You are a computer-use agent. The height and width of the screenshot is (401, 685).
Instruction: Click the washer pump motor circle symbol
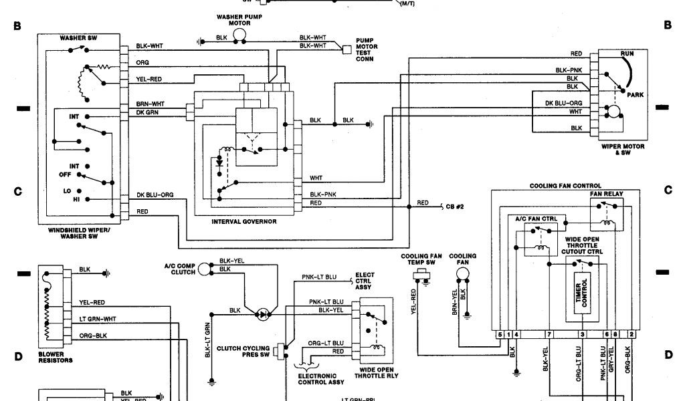click(x=240, y=35)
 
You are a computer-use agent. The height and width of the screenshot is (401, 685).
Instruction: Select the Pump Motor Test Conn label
click(x=366, y=49)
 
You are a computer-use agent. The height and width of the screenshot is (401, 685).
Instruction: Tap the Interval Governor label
click(x=243, y=221)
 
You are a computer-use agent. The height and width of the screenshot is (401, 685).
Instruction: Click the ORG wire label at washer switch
click(x=142, y=62)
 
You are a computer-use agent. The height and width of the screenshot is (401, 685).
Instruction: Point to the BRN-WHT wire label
click(x=150, y=104)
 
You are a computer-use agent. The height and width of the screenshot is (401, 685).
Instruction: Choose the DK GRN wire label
click(x=147, y=112)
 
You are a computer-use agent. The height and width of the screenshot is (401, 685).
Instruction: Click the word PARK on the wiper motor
click(x=635, y=95)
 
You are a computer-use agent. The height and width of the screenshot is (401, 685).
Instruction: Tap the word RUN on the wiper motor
click(x=627, y=53)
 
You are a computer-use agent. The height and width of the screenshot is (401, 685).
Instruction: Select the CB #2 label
click(x=455, y=207)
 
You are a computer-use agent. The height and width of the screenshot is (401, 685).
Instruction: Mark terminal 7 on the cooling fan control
click(x=549, y=333)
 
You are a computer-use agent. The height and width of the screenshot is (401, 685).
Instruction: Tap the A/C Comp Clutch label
click(x=179, y=269)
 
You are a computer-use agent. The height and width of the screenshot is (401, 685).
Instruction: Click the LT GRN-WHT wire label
click(x=98, y=318)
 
